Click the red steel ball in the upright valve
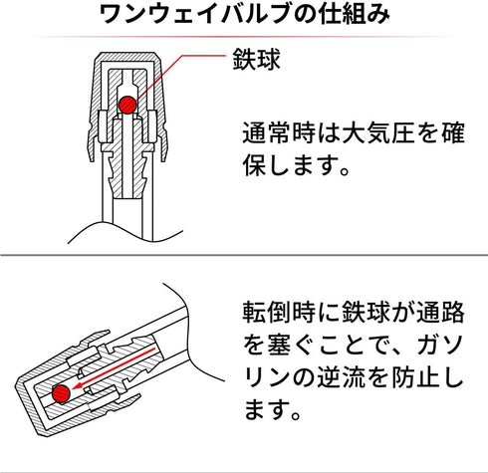tap(127, 105)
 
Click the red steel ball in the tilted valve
tap(61, 394)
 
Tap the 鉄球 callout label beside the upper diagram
tap(256, 60)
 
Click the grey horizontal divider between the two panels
tap(244, 255)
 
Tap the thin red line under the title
tap(244, 36)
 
